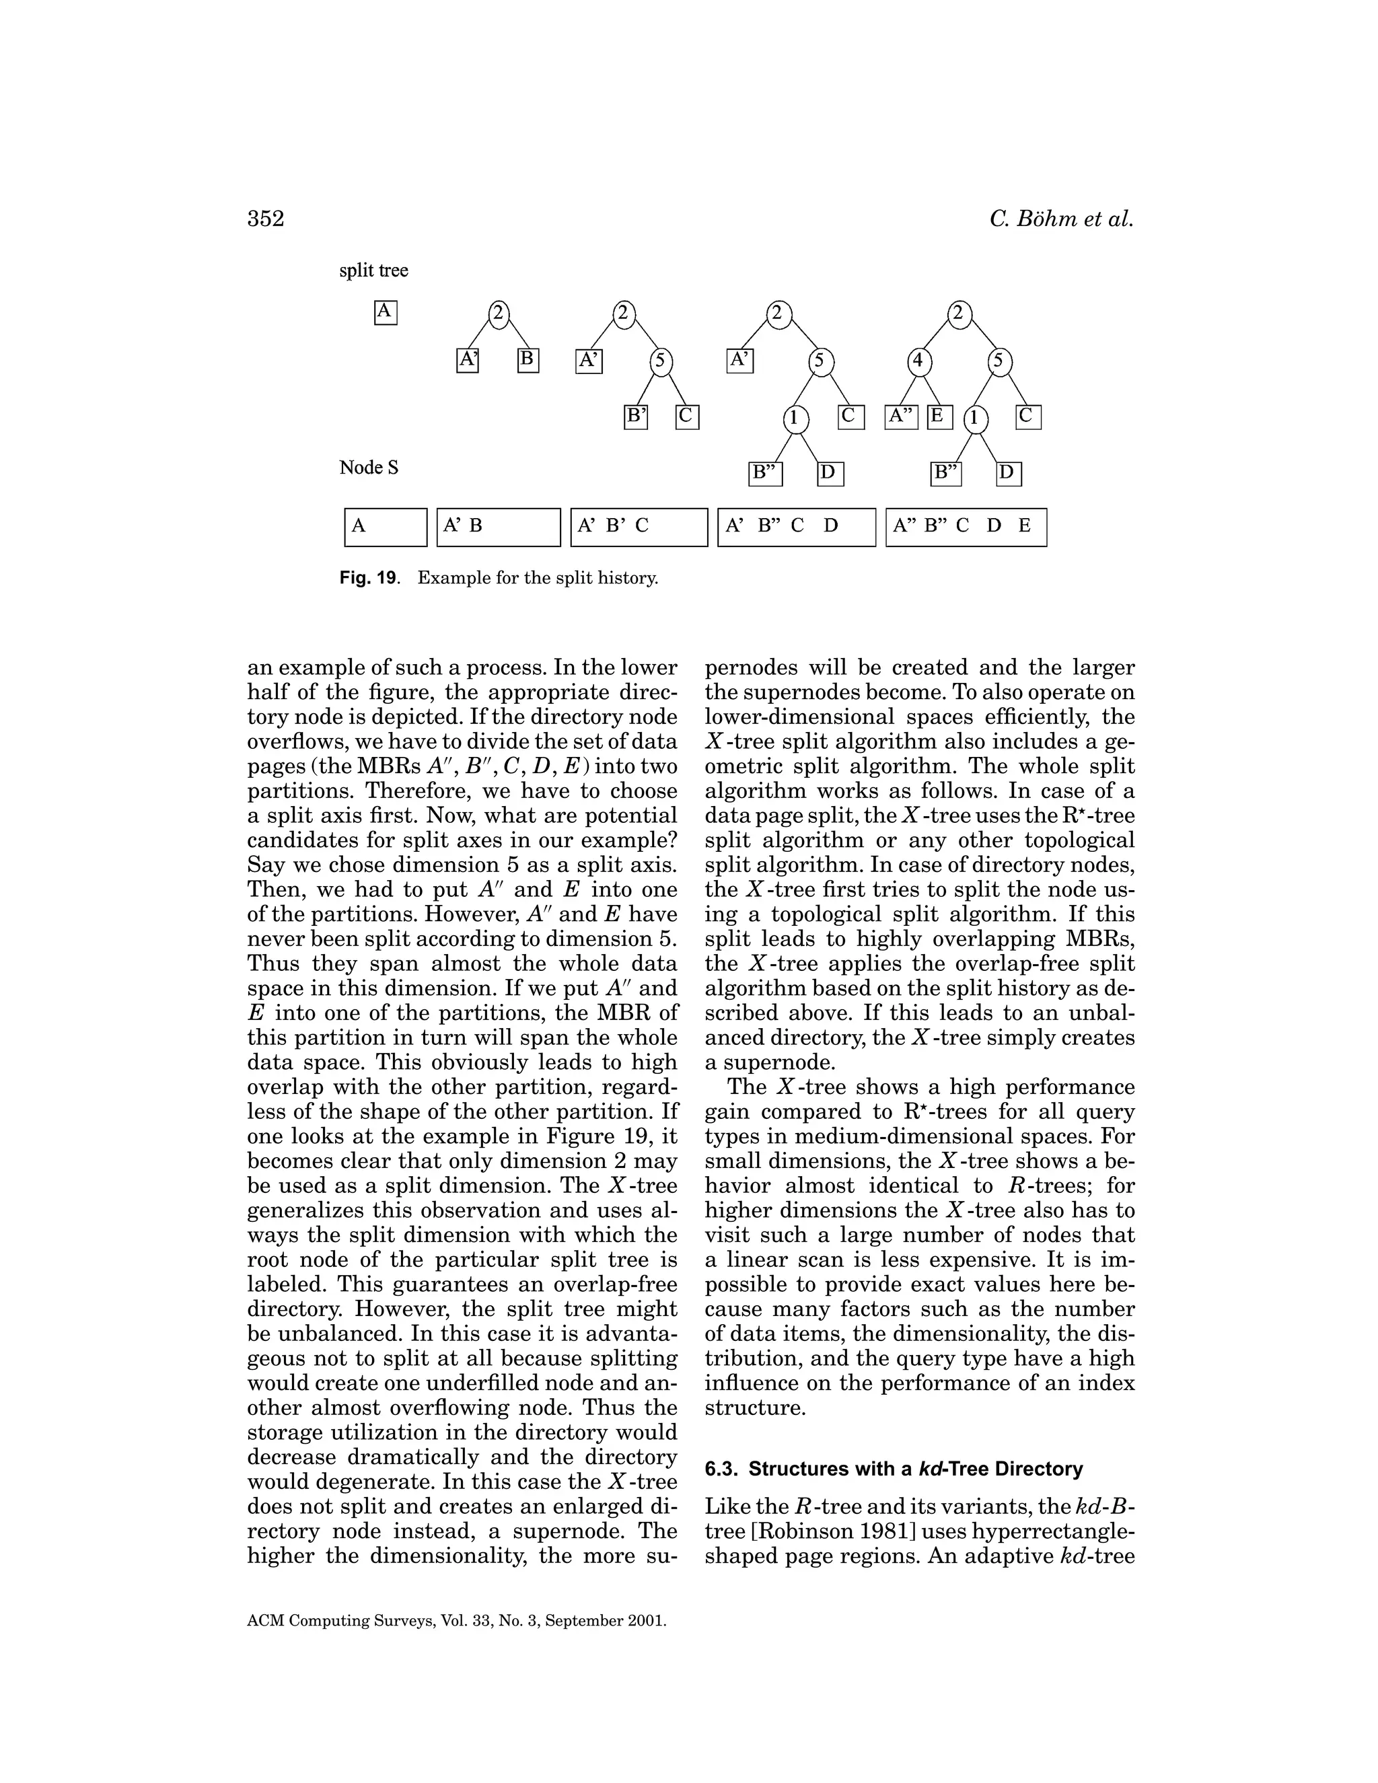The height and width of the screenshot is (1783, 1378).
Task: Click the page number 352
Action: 265,219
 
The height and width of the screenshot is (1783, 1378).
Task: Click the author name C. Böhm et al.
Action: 1061,219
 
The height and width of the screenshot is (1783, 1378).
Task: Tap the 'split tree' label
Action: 373,270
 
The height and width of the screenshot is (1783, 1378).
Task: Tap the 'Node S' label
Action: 368,468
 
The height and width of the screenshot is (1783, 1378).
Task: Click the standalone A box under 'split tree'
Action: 386,313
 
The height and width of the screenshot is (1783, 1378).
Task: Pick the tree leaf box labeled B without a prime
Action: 528,360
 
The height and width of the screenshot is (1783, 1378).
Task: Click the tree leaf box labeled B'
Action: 636,417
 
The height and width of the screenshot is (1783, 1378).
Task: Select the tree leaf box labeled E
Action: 939,416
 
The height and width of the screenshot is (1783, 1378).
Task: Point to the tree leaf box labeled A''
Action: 901,416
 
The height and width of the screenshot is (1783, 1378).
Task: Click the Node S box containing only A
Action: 386,527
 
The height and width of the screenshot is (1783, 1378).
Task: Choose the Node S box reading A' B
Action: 499,527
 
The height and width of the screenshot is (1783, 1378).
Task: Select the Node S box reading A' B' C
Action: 639,527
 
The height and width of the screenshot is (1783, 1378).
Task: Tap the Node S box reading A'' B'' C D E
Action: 966,527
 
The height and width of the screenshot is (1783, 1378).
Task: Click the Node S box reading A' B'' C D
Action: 796,527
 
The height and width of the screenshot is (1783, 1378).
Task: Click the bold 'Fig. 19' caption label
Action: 368,579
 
